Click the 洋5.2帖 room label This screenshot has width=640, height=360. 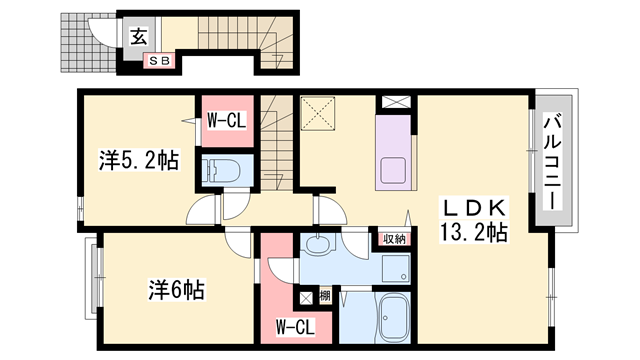point(138,160)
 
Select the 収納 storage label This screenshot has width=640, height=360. point(393,238)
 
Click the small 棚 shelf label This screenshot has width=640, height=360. point(325,296)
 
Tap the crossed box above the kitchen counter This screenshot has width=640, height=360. point(393,101)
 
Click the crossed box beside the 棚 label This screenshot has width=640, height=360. point(306,297)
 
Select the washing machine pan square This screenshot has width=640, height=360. point(395,267)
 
